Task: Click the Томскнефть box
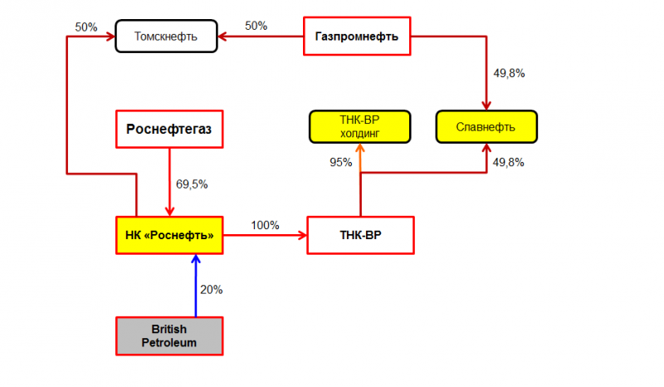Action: point(166,36)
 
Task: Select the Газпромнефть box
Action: point(357,36)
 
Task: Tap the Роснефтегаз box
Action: point(169,130)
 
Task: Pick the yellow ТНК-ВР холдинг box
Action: point(359,127)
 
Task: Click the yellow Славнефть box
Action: point(486,127)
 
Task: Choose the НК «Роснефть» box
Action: point(169,235)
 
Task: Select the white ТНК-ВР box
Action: point(360,235)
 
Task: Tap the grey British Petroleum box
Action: point(169,336)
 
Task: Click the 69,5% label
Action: point(192,184)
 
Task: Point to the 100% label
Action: point(265,225)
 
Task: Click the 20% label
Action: point(212,290)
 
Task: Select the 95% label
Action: point(341,162)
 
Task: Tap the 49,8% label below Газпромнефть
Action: point(509,73)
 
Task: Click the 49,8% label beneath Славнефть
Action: point(509,162)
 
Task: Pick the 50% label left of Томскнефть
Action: point(86,27)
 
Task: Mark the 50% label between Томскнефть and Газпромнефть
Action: point(256,26)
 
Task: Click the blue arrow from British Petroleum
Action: point(196,286)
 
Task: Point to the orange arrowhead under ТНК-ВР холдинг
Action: point(360,148)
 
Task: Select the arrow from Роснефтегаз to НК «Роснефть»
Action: point(169,182)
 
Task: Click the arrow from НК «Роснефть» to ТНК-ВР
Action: point(265,235)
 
